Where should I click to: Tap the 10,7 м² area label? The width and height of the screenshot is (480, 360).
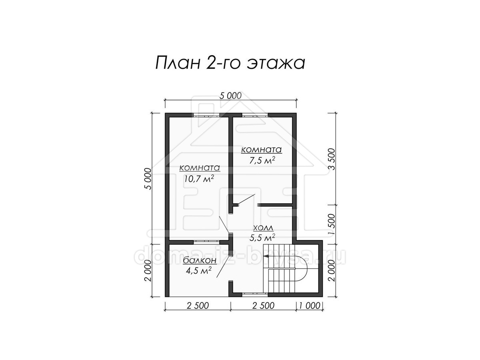pyautogui.click(x=199, y=179)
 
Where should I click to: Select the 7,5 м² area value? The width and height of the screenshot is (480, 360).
pyautogui.click(x=262, y=161)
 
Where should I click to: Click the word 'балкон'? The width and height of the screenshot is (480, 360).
pyautogui.click(x=200, y=260)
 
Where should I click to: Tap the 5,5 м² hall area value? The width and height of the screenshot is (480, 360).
pyautogui.click(x=262, y=237)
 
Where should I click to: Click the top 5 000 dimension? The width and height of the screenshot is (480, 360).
pyautogui.click(x=230, y=96)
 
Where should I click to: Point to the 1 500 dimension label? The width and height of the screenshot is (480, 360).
pyautogui.click(x=332, y=224)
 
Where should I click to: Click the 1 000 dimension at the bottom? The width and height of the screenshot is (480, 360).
pyautogui.click(x=310, y=305)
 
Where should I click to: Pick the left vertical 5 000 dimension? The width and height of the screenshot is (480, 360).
pyautogui.click(x=148, y=178)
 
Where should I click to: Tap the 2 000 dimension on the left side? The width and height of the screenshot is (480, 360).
pyautogui.click(x=148, y=271)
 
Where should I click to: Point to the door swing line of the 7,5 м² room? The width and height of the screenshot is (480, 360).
pyautogui.click(x=246, y=199)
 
